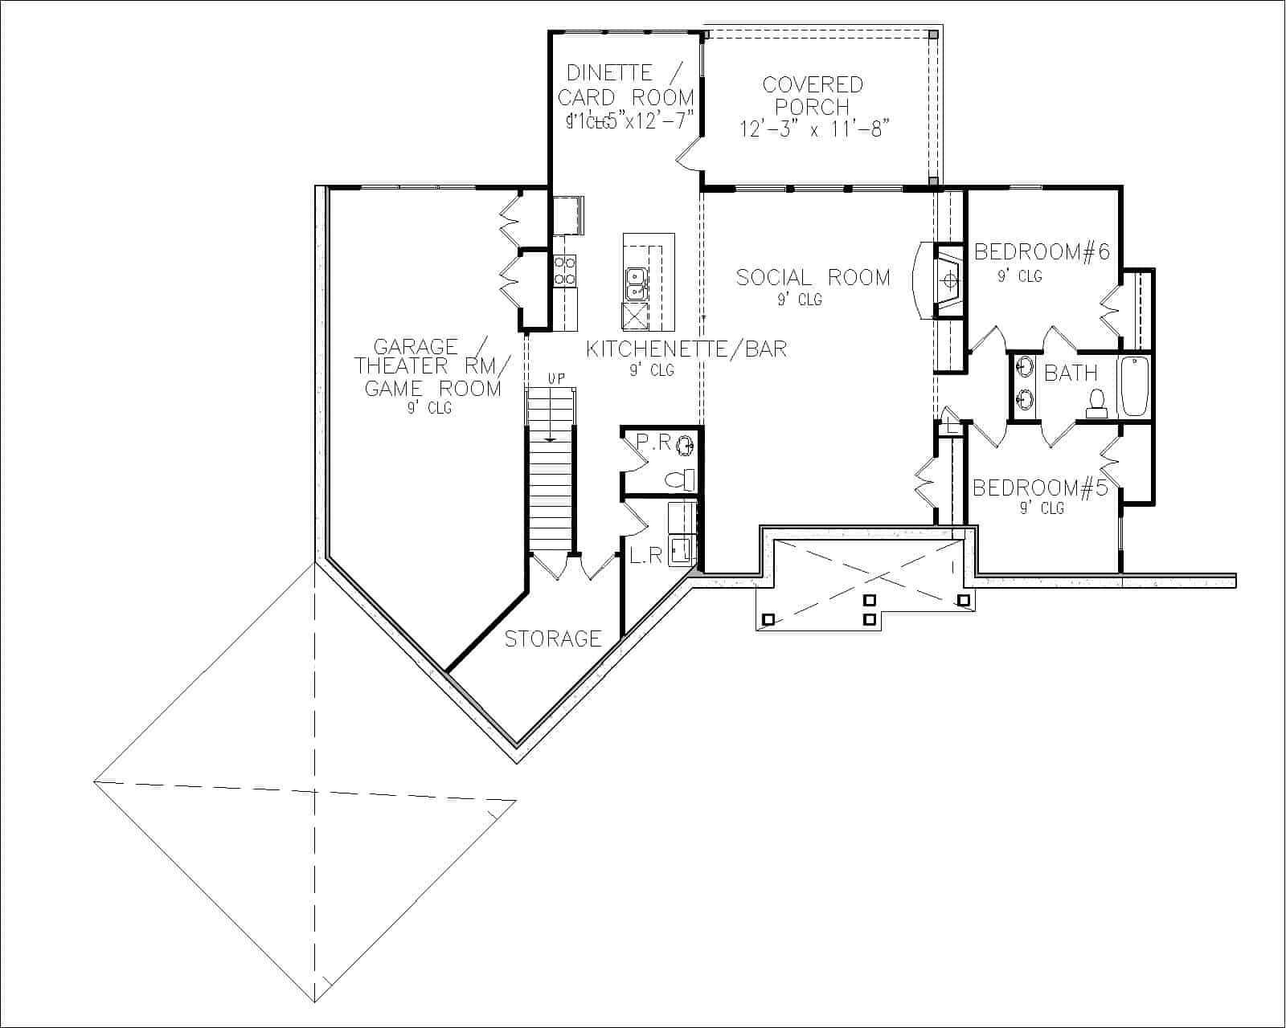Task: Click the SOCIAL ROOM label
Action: point(813,278)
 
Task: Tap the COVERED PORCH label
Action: point(813,95)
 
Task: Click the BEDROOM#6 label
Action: point(1042,252)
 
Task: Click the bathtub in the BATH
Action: point(1135,386)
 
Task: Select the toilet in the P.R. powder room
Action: point(679,479)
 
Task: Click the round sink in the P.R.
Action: point(686,444)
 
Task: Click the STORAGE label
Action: point(553,638)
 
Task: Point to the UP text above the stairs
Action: point(556,377)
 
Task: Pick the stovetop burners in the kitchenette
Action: point(565,270)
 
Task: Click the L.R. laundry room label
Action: point(645,556)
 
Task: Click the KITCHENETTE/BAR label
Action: point(686,349)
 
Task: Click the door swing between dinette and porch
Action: point(687,155)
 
